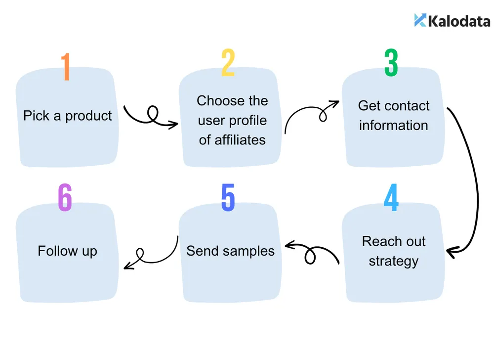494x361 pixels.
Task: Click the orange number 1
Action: pyautogui.click(x=66, y=67)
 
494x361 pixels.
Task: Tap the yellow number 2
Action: pyautogui.click(x=228, y=62)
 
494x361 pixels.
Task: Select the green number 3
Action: pyautogui.click(x=391, y=62)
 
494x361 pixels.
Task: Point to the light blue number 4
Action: pyautogui.click(x=391, y=197)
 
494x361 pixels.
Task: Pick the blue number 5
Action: pyautogui.click(x=228, y=197)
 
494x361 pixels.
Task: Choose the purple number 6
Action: pyautogui.click(x=65, y=197)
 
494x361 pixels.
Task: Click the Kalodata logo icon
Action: pyautogui.click(x=420, y=20)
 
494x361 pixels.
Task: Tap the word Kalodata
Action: pyautogui.click(x=459, y=21)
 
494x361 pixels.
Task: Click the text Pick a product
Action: pyautogui.click(x=67, y=116)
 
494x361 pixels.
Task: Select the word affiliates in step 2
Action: pyautogui.click(x=240, y=140)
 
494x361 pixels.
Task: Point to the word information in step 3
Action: pyautogui.click(x=394, y=125)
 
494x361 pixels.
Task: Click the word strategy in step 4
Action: pyautogui.click(x=394, y=262)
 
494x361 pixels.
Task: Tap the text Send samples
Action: pyautogui.click(x=230, y=251)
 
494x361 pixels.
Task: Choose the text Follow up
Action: pyautogui.click(x=67, y=251)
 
